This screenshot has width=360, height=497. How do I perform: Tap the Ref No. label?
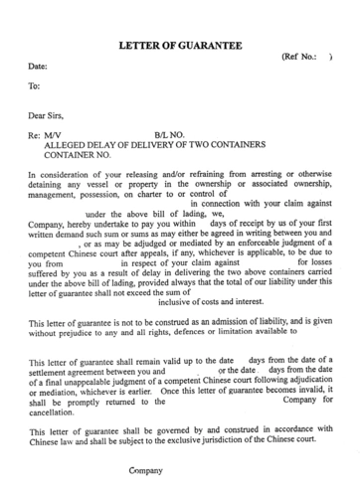(302, 58)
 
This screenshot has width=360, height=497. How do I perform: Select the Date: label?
(38, 67)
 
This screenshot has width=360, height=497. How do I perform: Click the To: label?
(35, 86)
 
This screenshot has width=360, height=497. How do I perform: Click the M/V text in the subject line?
(55, 133)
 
